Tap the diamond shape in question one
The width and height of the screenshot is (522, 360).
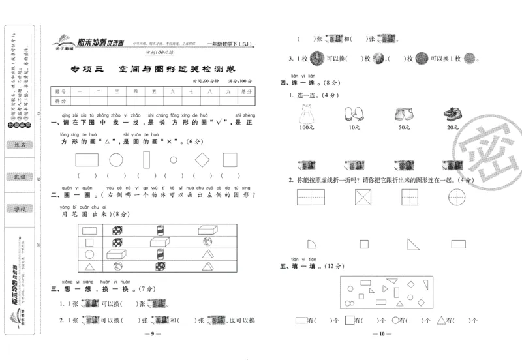pyautogui.click(x=202, y=159)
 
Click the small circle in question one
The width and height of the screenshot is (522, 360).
pyautogui.click(x=174, y=159)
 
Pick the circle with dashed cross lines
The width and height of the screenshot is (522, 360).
pyautogui.click(x=459, y=197)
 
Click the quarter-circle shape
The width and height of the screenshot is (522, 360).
pyautogui.click(x=313, y=243)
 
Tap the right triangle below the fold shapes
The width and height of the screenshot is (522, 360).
pyautogui.click(x=413, y=244)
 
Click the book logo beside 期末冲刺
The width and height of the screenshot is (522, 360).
pyautogui.click(x=63, y=40)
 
